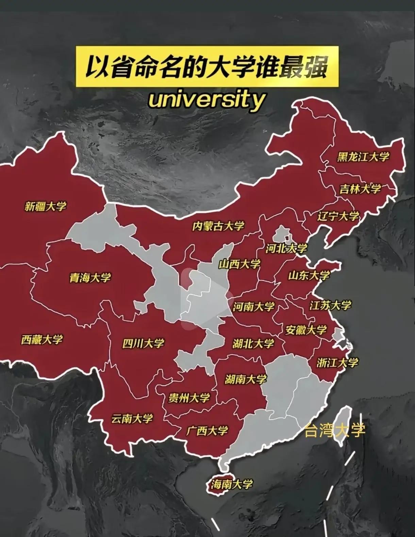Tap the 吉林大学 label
pos(360,189)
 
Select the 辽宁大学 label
pos(338,216)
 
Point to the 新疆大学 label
pos(46,206)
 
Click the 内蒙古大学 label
pos(218,226)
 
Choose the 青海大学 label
pos(90,278)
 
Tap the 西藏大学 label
pos(42,339)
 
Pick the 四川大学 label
pos(143,343)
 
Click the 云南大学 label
pos(132,418)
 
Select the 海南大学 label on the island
pos(232,484)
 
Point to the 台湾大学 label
pos(335,430)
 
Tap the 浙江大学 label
pos(337,363)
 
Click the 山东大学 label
pos(309,275)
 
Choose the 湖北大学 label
pos(253,344)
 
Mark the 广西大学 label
pos(207,431)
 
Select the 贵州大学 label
pos(189,398)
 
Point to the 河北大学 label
pos(286,249)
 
